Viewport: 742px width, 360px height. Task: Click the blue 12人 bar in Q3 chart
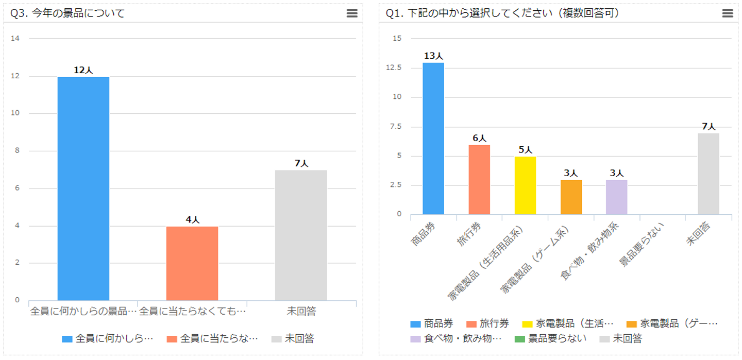(x=83, y=188)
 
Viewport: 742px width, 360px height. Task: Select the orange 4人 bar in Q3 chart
(x=192, y=263)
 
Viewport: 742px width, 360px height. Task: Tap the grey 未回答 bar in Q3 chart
(x=301, y=235)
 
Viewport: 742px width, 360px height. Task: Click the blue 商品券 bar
(x=433, y=139)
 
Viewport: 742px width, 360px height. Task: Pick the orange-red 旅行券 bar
(x=479, y=180)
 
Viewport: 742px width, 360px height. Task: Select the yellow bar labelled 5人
(x=525, y=185)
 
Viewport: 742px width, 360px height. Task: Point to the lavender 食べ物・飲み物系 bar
(x=617, y=197)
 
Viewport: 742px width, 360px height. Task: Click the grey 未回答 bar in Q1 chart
(x=709, y=174)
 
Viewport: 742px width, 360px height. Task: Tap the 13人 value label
(x=433, y=56)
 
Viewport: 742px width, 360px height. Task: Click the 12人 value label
(x=83, y=70)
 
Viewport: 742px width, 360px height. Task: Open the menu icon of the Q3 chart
(x=352, y=14)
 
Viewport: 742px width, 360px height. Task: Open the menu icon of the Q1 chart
(x=728, y=14)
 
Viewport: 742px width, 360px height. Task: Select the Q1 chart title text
(x=502, y=14)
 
